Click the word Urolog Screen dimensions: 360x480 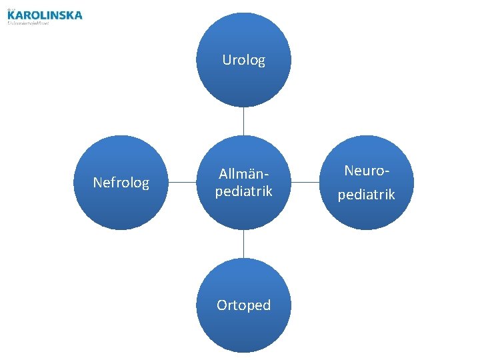[x=243, y=60]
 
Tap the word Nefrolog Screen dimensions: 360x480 [x=121, y=183]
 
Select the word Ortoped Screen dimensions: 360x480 [x=243, y=305]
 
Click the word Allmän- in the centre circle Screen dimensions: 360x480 [x=243, y=175]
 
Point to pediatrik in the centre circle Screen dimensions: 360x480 [x=243, y=191]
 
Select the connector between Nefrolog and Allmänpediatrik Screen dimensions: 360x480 [x=181, y=182]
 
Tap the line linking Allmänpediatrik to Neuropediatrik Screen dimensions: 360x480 [x=305, y=182]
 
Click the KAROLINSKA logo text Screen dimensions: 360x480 [x=47, y=15]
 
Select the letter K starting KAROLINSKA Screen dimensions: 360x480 [x=12, y=15]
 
